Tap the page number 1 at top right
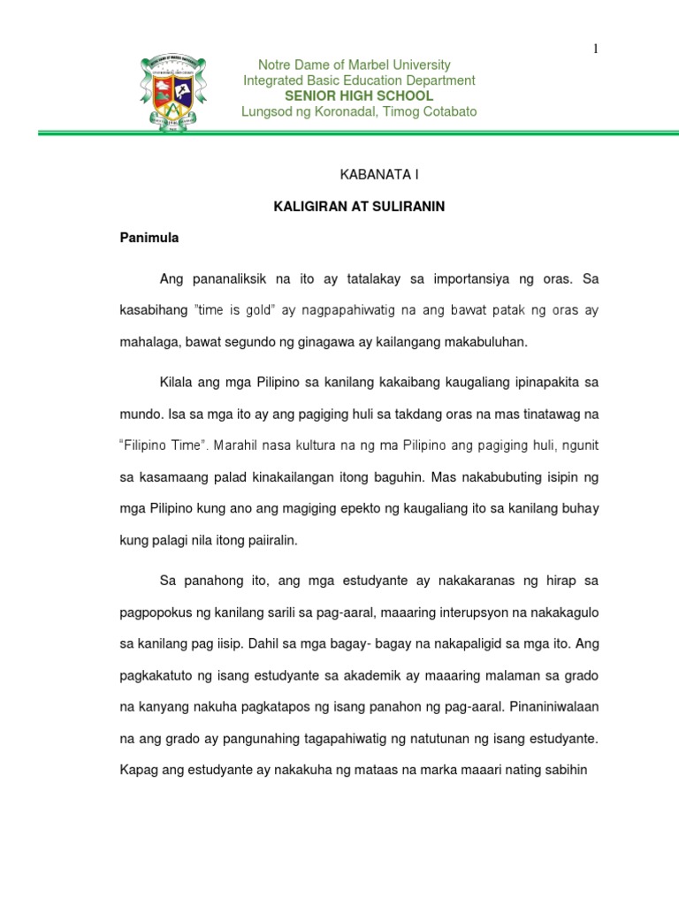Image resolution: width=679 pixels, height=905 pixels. (x=597, y=49)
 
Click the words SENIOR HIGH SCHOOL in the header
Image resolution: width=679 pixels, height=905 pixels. (x=358, y=95)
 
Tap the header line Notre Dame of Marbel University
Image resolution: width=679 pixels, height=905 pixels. (x=354, y=65)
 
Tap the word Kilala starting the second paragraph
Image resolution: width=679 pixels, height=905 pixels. (x=178, y=384)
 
